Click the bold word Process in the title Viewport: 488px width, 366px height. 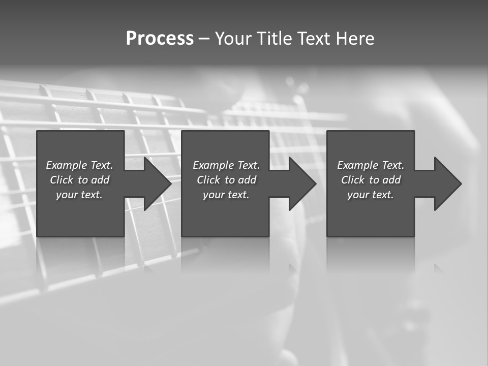coord(160,39)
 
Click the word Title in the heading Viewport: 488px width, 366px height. coord(273,39)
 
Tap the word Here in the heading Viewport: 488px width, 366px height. coord(355,39)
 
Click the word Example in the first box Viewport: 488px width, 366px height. coord(67,165)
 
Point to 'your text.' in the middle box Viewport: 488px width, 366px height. coord(226,195)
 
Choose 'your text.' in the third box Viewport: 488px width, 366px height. coord(370,195)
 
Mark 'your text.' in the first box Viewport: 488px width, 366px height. coord(79,195)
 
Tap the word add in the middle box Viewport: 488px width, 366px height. coord(247,180)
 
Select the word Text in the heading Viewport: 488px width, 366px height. coord(312,39)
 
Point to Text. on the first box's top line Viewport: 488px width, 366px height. coord(101,165)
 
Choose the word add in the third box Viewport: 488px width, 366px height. coord(391,180)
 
